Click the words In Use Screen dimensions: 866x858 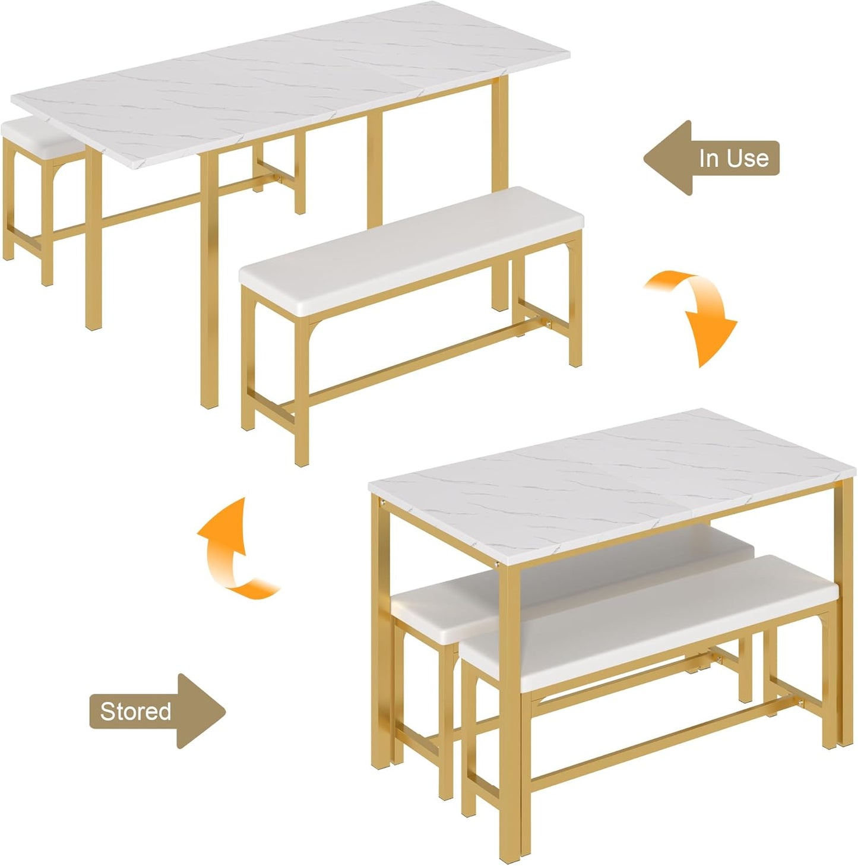tap(733, 158)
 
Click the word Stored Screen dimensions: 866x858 tap(135, 711)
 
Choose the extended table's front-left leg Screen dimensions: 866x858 tap(94, 238)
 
